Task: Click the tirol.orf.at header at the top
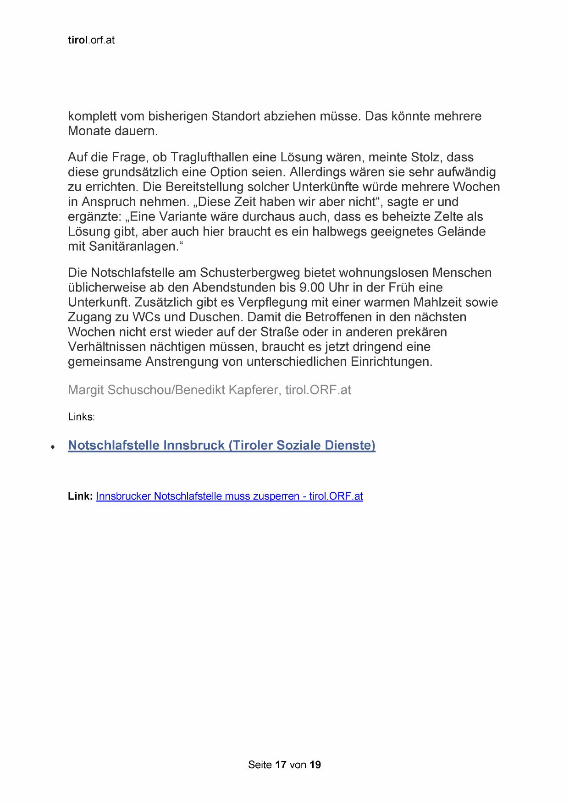[91, 40]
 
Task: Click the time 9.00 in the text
[311, 287]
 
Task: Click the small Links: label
[81, 417]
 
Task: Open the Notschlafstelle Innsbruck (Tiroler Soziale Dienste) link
[221, 446]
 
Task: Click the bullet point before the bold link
[53, 446]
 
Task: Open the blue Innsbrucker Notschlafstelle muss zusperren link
[229, 496]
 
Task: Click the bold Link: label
[80, 496]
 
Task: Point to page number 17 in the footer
[281, 765]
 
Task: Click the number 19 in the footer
[315, 765]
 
